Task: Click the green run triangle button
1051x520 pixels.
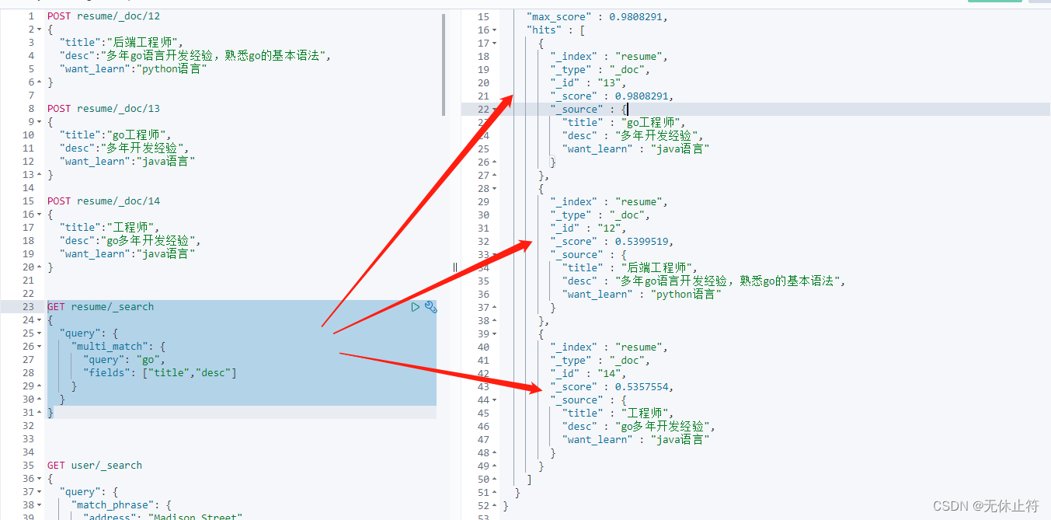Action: pyautogui.click(x=416, y=307)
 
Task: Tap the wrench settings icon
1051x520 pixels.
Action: pyautogui.click(x=430, y=307)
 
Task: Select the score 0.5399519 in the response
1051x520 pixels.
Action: pyautogui.click(x=642, y=241)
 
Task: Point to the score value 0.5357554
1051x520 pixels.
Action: pyautogui.click(x=642, y=387)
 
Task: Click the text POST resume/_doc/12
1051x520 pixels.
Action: pyautogui.click(x=103, y=16)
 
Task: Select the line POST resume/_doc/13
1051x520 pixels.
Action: pyautogui.click(x=103, y=109)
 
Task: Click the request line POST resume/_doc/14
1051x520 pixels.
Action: pyautogui.click(x=103, y=201)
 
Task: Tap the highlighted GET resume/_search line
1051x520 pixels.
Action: pyautogui.click(x=100, y=307)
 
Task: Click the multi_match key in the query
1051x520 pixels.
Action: pyautogui.click(x=110, y=347)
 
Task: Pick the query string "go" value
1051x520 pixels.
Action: pyautogui.click(x=148, y=360)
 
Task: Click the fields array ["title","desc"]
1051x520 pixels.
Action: pyautogui.click(x=190, y=373)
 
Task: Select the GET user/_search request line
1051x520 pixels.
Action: pyautogui.click(x=95, y=466)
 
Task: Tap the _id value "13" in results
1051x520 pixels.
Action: pyautogui.click(x=609, y=83)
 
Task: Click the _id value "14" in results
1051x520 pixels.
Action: pyautogui.click(x=609, y=374)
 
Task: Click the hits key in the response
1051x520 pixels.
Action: pyautogui.click(x=544, y=30)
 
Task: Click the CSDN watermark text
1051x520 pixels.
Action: pyautogui.click(x=985, y=506)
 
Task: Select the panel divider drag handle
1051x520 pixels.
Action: pyautogui.click(x=455, y=267)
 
